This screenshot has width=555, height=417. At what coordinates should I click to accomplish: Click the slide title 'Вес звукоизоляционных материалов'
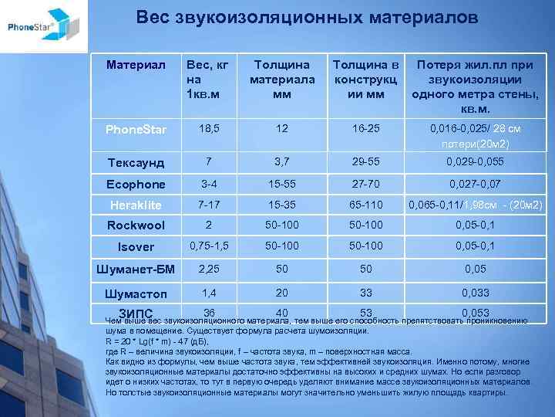click(x=307, y=16)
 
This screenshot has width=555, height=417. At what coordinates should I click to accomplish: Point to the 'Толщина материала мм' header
click(x=282, y=78)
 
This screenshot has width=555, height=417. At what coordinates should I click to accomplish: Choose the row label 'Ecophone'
click(x=136, y=185)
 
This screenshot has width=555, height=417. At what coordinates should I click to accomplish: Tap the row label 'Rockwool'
click(x=136, y=225)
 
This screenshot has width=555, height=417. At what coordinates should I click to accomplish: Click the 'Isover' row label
click(x=136, y=247)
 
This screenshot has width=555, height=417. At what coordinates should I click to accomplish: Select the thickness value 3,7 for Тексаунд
click(x=281, y=161)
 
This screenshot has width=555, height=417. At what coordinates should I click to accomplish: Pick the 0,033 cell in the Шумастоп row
click(x=474, y=293)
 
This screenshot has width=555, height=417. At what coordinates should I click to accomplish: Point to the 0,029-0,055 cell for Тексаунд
click(x=474, y=161)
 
